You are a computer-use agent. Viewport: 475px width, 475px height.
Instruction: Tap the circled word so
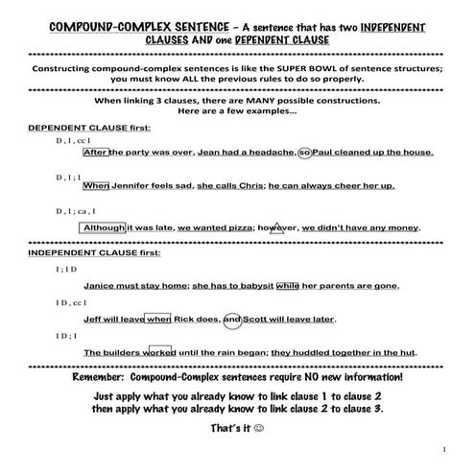pyautogui.click(x=306, y=152)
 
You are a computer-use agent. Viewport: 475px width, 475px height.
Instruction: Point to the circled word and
pyautogui.click(x=233, y=320)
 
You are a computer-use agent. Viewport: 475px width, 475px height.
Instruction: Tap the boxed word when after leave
pyautogui.click(x=158, y=320)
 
